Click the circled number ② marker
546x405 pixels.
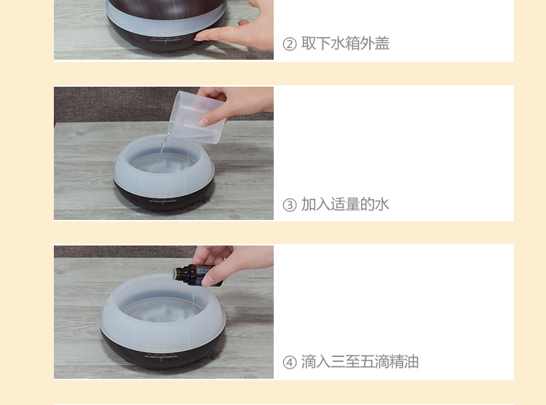[x=289, y=44]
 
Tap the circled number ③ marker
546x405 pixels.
[x=289, y=205]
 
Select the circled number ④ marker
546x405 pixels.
[x=289, y=363]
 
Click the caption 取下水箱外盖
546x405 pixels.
[x=345, y=44]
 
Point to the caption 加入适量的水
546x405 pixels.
[x=345, y=204]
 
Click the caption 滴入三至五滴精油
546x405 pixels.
[x=360, y=362]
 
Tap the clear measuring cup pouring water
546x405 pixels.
[x=195, y=117]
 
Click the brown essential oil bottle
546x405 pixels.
[x=197, y=275]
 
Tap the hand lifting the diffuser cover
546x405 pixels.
[x=240, y=26]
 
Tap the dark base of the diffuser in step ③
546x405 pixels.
[x=163, y=197]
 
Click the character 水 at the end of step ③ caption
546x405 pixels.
[x=382, y=204]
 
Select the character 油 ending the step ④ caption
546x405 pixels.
[x=411, y=362]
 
